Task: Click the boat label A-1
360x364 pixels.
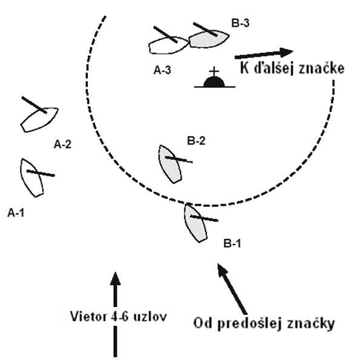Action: point(16,213)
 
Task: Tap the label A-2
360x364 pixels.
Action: point(62,144)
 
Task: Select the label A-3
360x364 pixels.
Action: point(162,70)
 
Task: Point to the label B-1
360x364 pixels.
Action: point(232,243)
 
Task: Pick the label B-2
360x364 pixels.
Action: point(196,141)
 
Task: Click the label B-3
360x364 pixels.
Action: point(241,23)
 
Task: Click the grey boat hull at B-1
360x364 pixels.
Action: point(195,223)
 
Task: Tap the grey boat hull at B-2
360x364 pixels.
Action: point(170,164)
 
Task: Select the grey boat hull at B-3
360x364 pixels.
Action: point(209,39)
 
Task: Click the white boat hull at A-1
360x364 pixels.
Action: point(32,178)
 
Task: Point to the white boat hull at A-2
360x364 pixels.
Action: point(39,120)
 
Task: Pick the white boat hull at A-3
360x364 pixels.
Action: point(168,45)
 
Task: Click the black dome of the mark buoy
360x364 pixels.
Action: point(214,82)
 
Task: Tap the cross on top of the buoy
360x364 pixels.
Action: point(214,72)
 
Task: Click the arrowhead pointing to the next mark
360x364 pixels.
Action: point(286,52)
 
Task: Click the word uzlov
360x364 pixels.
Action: point(150,317)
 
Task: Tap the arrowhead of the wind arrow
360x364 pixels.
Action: point(115,278)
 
